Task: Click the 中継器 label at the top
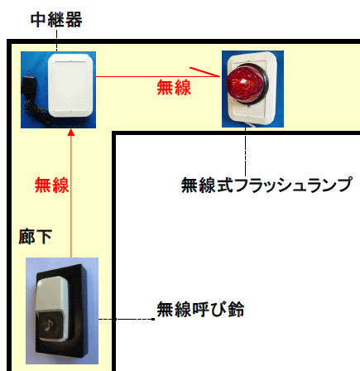[56, 20]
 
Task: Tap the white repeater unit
[71, 85]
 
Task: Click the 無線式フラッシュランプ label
[266, 185]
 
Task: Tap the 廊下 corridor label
[36, 237]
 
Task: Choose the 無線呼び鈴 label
[200, 309]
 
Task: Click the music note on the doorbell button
[50, 325]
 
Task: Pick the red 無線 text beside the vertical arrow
[51, 185]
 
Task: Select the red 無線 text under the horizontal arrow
[174, 88]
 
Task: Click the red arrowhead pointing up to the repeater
[71, 132]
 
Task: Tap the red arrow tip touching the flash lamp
[220, 76]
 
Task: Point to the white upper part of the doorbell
[51, 295]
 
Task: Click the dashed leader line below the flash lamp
[245, 152]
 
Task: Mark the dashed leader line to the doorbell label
[126, 319]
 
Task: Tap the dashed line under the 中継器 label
[56, 41]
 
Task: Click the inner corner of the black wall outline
[113, 133]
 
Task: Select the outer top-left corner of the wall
[7, 41]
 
